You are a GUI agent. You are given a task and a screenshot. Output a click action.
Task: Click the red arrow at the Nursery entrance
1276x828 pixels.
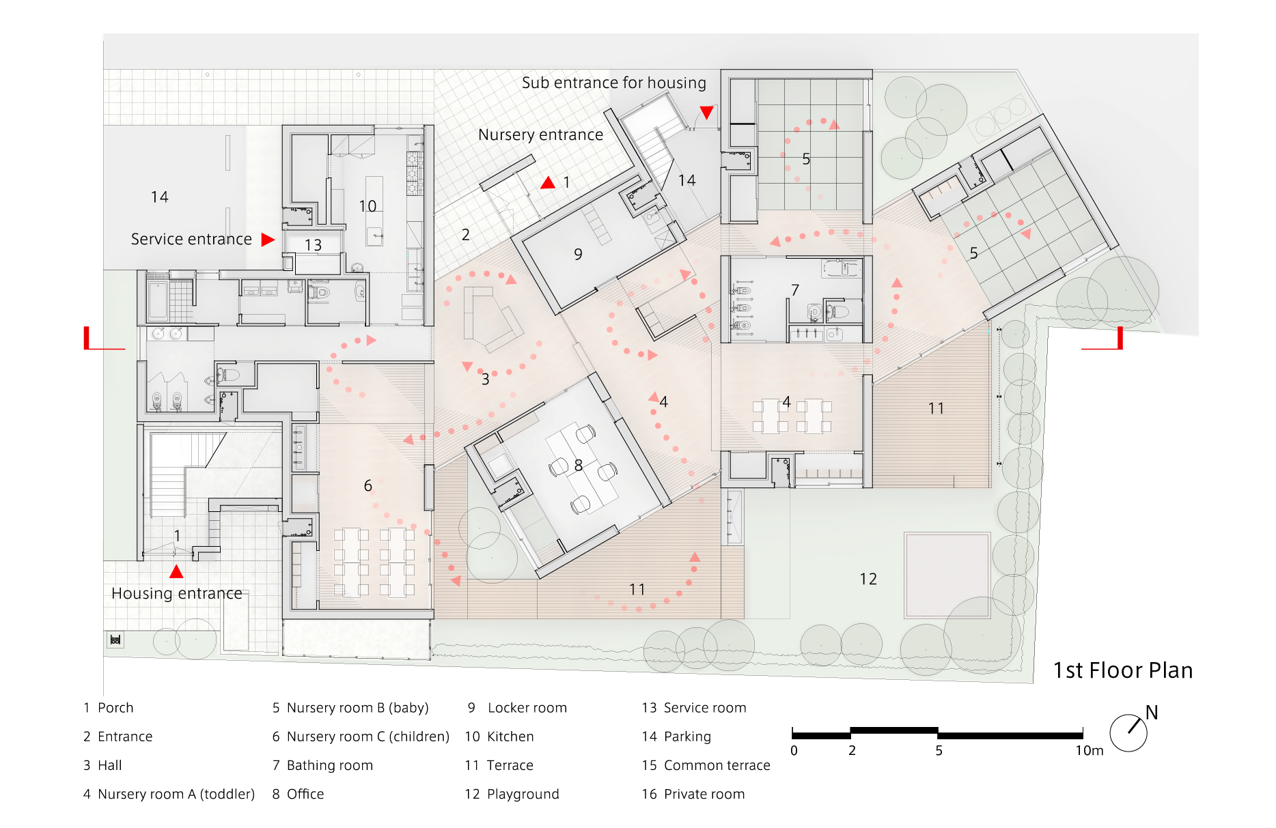[548, 183]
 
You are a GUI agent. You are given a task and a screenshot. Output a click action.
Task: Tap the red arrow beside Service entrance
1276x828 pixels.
[267, 240]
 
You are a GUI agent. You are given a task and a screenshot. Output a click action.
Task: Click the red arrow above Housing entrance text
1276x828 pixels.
[176, 571]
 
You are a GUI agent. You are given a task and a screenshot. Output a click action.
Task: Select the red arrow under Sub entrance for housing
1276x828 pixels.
[706, 112]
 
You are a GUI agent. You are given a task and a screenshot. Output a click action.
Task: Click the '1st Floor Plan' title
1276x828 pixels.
[1122, 670]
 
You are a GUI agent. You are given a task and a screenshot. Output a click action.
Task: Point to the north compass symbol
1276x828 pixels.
[1128, 732]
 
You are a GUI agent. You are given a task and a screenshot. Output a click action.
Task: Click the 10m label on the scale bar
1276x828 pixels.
[1089, 751]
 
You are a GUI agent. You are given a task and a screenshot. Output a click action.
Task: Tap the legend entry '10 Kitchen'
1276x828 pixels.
[499, 737]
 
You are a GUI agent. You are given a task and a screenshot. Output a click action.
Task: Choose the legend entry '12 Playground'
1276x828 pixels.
[512, 794]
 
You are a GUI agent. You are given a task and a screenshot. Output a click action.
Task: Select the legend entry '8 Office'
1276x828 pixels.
[298, 794]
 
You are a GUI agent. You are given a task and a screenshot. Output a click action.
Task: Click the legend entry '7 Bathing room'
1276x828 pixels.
[322, 765]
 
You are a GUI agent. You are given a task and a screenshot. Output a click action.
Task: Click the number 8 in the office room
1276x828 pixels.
[578, 466]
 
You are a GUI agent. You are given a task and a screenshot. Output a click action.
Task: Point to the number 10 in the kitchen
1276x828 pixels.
[367, 206]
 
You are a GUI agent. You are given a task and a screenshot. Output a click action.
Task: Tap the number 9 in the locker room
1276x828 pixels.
[578, 255]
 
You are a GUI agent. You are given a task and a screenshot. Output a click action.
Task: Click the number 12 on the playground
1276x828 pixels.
[868, 580]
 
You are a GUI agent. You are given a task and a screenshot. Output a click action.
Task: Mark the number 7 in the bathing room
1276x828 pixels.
[794, 290]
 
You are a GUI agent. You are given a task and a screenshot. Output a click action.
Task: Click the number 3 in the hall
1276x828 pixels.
[485, 380]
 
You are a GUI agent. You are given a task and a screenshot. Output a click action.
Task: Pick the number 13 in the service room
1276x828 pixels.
[313, 245]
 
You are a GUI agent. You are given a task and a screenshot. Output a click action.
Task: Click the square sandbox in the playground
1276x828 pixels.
[947, 575]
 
